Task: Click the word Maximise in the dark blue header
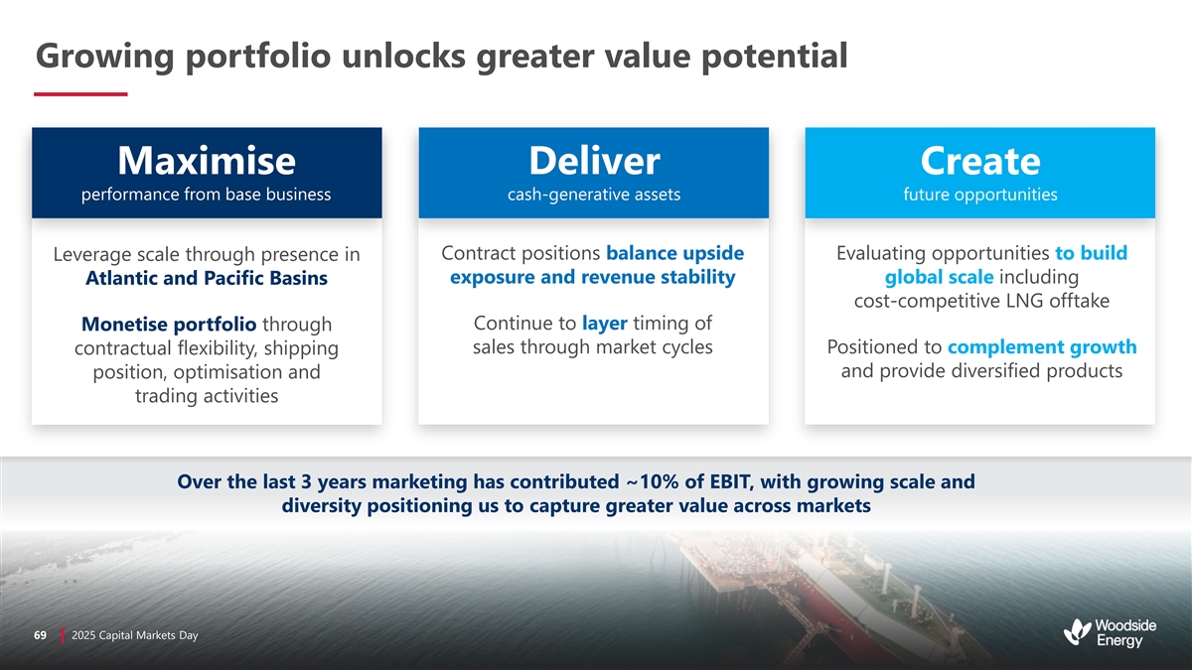point(207,161)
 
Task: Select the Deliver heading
point(594,161)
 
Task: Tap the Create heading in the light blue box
point(980,161)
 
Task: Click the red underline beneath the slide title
point(80,94)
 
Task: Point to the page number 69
point(40,635)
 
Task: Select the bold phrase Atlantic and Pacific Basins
point(207,278)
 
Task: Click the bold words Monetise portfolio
point(169,324)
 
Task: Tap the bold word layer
point(605,324)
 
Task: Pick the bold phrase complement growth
point(1042,347)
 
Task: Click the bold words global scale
point(939,277)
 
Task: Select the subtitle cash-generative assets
point(594,195)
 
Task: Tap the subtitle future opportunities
point(980,195)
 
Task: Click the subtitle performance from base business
point(206,195)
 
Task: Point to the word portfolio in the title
point(257,57)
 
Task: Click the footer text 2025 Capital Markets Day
point(135,635)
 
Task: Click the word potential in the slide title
point(774,57)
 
